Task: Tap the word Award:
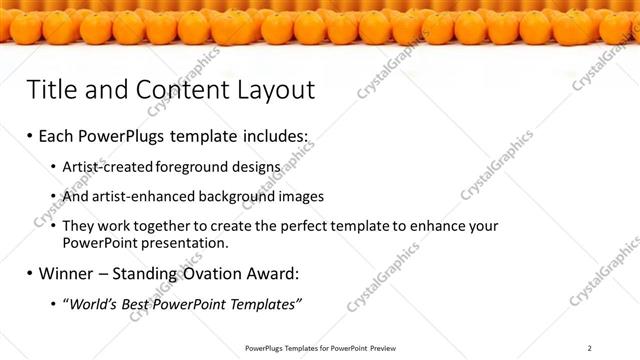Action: click(274, 273)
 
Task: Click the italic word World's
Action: click(91, 303)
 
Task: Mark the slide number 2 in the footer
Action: click(589, 348)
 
